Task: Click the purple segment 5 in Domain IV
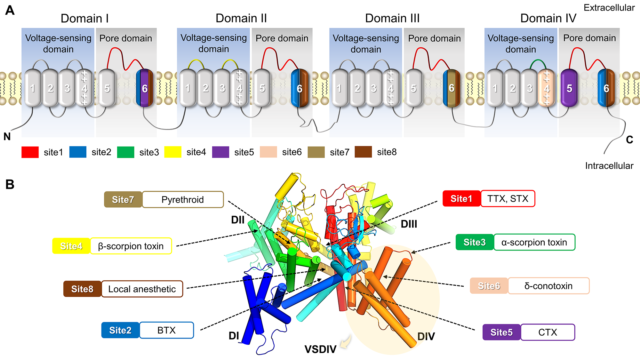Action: pos(569,88)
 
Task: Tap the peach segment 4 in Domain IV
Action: pos(547,88)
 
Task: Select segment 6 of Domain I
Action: pos(145,88)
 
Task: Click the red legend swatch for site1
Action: pos(30,152)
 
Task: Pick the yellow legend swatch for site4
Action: pos(173,152)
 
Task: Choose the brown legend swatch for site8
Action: pos(363,152)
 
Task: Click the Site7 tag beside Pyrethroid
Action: pos(123,200)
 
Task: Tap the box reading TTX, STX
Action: pos(508,199)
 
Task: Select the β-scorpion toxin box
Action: pos(131,246)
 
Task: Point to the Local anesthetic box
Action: pos(142,289)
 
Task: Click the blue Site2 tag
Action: pos(120,330)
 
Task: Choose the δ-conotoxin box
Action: pos(548,286)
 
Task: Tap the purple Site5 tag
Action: pos(501,332)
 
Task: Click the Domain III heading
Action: pos(392,18)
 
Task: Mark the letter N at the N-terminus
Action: pos(7,137)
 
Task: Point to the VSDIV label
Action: pos(320,349)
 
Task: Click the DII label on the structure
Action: pos(238,220)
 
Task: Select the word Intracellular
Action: pos(609,166)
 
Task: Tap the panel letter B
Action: pos(10,184)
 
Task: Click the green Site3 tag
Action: pos(475,242)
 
